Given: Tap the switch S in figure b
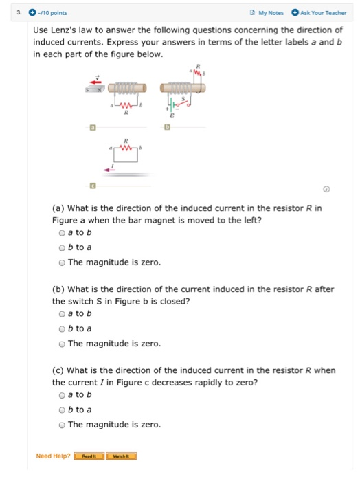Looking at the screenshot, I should point(184,103).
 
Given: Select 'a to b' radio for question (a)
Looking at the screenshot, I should point(63,233).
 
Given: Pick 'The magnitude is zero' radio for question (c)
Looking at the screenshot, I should point(63,424).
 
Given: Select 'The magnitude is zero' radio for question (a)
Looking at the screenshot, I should point(63,262).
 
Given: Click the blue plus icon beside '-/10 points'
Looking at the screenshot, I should point(32,12).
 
